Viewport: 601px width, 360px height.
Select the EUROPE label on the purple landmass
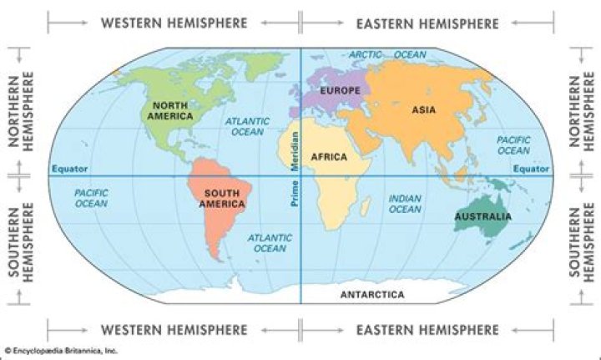tap(338, 89)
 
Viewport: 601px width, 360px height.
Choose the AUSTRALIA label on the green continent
tap(482, 218)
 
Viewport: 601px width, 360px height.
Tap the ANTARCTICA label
tap(372, 295)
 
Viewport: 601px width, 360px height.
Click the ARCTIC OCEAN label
tap(387, 55)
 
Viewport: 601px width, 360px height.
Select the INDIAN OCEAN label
tap(405, 204)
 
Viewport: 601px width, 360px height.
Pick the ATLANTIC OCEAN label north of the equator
tap(247, 126)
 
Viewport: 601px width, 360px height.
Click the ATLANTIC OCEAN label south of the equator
tap(270, 242)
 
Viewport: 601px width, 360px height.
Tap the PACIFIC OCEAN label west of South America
tap(91, 198)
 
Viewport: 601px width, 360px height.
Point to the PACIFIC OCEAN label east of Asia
tap(513, 145)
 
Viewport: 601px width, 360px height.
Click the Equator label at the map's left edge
tap(69, 169)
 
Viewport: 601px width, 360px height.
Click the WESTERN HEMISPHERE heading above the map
tap(174, 23)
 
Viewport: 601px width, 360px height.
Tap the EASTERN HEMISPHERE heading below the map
tap(427, 329)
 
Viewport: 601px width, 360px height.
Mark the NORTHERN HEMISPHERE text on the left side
tap(21, 110)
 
